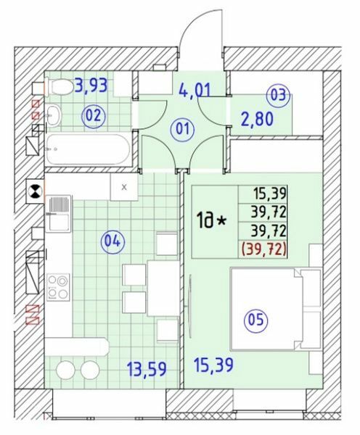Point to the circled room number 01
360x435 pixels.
(x=183, y=130)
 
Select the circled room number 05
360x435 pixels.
(x=258, y=319)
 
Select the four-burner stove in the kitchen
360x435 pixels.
(x=57, y=287)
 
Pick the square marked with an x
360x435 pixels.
(x=124, y=187)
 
